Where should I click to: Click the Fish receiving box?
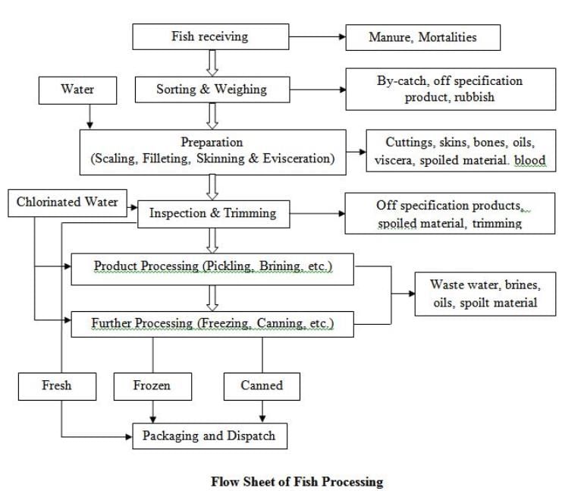click(x=210, y=36)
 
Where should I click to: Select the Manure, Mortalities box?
click(x=422, y=36)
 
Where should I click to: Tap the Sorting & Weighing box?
click(x=212, y=89)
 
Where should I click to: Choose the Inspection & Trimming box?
click(x=212, y=213)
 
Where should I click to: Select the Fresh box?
click(x=57, y=386)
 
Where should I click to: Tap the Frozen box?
click(x=152, y=386)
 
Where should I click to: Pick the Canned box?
click(x=262, y=386)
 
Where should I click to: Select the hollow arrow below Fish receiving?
click(x=212, y=62)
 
